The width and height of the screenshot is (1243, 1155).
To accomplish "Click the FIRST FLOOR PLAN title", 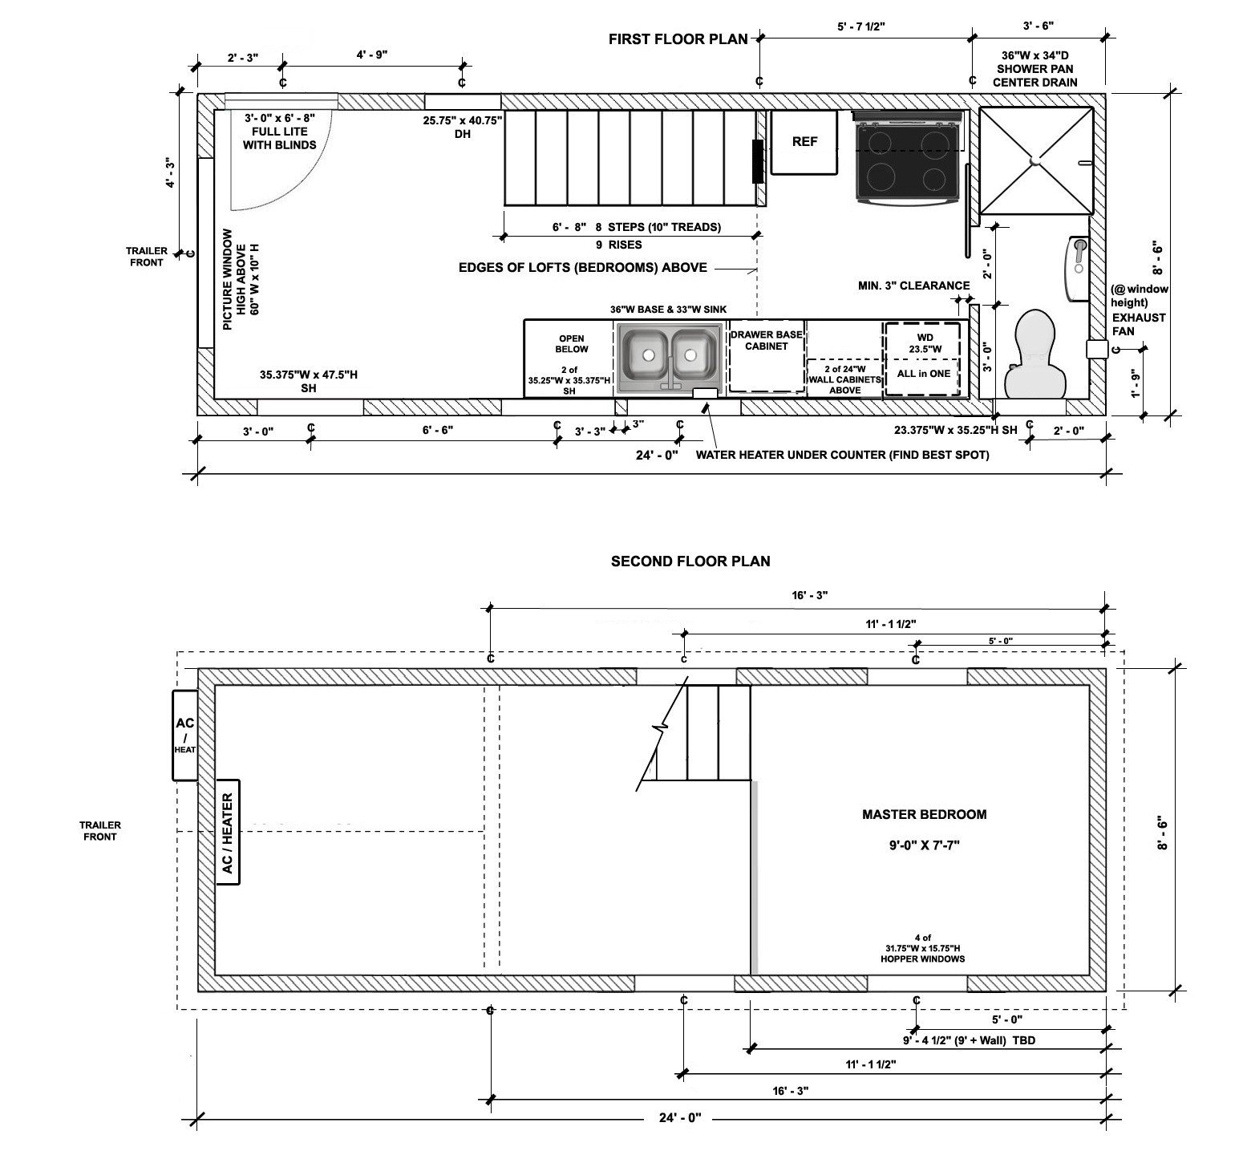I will [678, 38].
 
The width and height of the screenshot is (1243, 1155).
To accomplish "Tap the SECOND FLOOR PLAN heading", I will [690, 561].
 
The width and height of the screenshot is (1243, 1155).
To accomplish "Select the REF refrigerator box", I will [804, 142].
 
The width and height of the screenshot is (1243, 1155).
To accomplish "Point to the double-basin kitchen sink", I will [669, 355].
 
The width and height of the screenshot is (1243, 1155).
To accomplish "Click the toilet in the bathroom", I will [1039, 353].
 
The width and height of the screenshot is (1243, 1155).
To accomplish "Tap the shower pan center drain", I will [1035, 160].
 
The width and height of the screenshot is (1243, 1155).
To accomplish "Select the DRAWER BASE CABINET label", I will [767, 340].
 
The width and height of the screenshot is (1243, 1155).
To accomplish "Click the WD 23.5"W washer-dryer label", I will [922, 343].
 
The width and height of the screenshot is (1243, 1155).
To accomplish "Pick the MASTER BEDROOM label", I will [924, 814].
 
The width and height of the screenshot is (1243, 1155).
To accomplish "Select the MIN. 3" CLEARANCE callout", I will [913, 286].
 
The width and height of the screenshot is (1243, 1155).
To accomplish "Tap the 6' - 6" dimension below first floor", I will [437, 430].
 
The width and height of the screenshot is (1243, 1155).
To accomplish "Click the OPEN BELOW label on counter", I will [571, 343].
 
